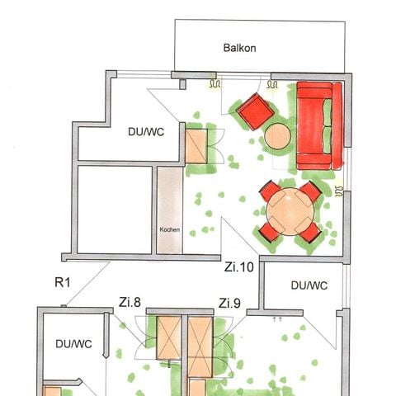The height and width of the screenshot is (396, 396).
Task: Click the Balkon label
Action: pyautogui.click(x=240, y=48)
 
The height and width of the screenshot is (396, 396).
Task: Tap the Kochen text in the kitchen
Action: pyautogui.click(x=169, y=230)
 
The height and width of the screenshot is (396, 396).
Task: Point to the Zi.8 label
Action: pyautogui.click(x=131, y=302)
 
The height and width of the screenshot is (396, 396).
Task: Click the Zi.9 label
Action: pyautogui.click(x=229, y=302)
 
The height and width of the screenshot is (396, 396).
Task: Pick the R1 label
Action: pyautogui.click(x=63, y=283)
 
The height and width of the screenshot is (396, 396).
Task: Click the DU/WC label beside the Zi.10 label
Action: pyautogui.click(x=309, y=285)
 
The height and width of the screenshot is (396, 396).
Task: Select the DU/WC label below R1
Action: pyautogui.click(x=72, y=344)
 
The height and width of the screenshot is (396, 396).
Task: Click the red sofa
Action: pyautogui.click(x=317, y=126)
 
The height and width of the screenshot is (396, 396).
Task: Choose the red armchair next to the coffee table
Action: pyautogui.click(x=255, y=111)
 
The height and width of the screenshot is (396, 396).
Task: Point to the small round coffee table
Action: pyautogui.click(x=278, y=136)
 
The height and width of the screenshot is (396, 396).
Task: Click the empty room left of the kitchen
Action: pyautogui.click(x=115, y=210)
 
